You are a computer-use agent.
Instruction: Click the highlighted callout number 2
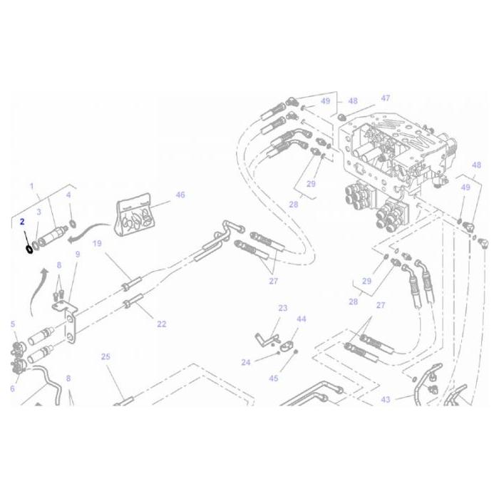click(x=22, y=222)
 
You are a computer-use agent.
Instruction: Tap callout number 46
click(x=180, y=195)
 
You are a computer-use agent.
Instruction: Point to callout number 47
click(x=385, y=98)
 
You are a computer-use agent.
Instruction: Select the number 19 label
click(x=97, y=243)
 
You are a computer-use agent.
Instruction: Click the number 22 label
click(x=161, y=324)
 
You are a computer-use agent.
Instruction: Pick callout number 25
click(x=105, y=356)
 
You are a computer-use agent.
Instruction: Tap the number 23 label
click(x=282, y=309)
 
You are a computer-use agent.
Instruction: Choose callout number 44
click(x=301, y=319)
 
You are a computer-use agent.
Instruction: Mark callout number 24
click(x=245, y=362)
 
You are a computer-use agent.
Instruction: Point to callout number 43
click(x=385, y=400)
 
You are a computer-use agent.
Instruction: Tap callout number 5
click(x=13, y=325)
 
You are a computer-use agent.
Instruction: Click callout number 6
click(x=13, y=389)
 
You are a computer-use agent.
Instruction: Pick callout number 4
click(x=68, y=195)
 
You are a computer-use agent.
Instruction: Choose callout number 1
click(x=31, y=187)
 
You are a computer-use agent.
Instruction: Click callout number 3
click(x=38, y=212)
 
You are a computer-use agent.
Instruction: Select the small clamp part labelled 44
click(x=289, y=347)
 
